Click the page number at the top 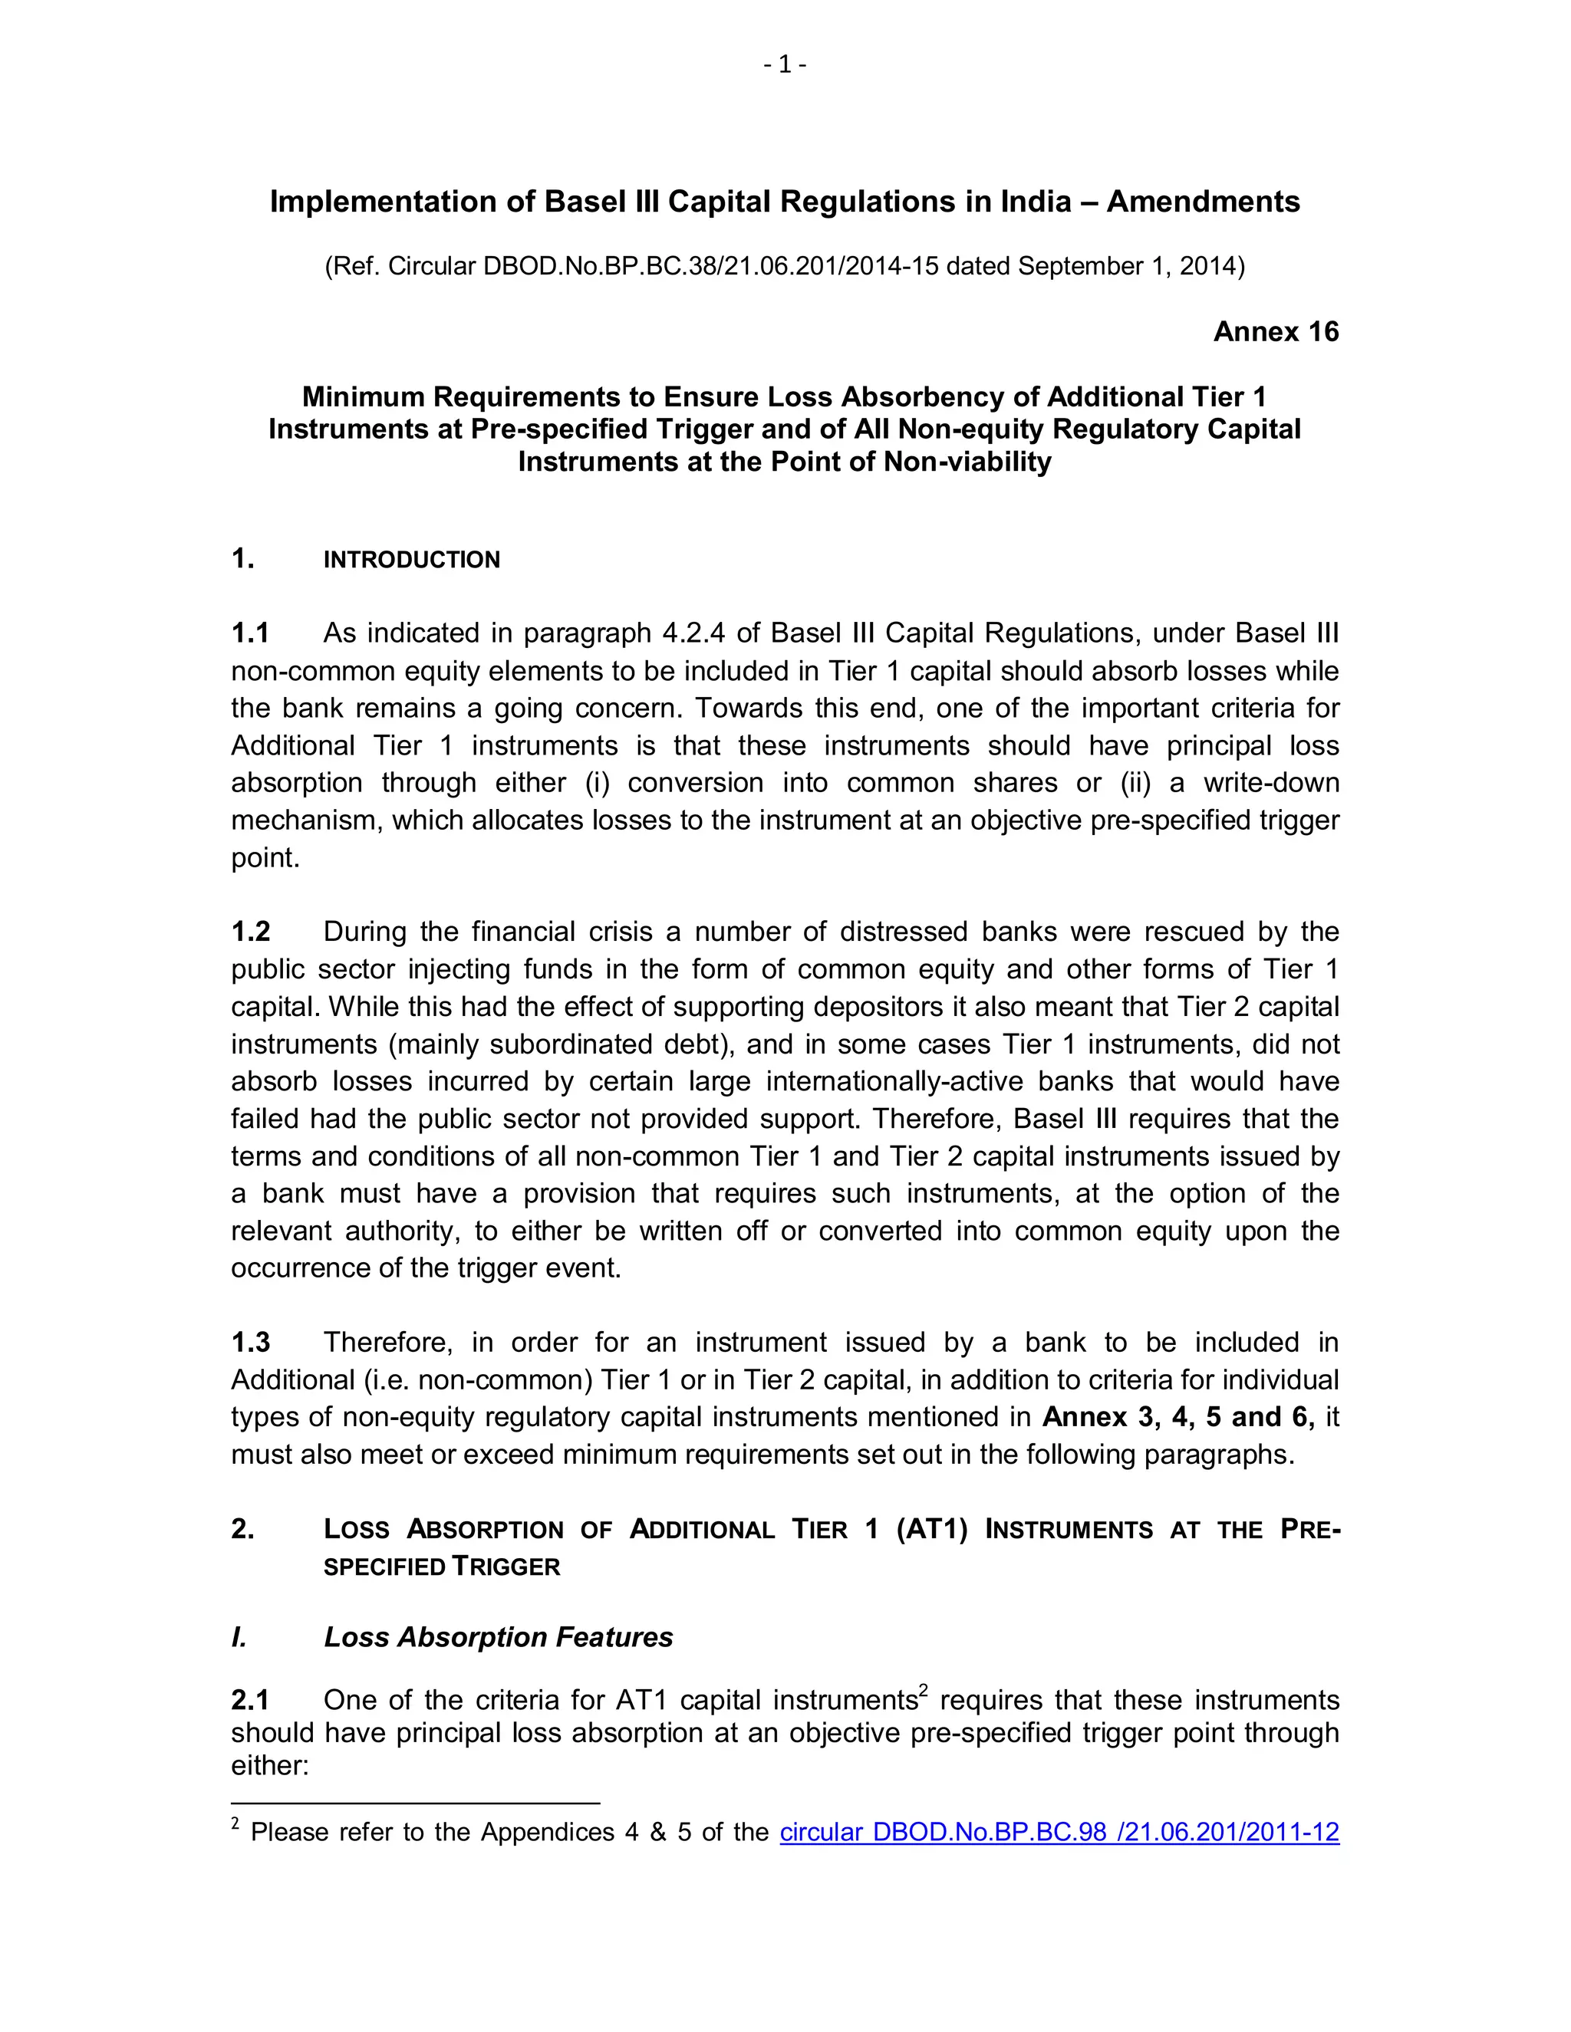coord(785,64)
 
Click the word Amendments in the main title coord(1203,202)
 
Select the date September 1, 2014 coord(1127,266)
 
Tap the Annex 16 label coord(1275,332)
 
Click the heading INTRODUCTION coord(411,560)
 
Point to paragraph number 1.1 coord(250,633)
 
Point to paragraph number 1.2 coord(250,932)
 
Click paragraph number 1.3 coord(250,1343)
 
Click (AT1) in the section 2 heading coord(931,1530)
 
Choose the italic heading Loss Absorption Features coord(498,1638)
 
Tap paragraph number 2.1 coord(250,1701)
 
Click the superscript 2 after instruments coord(924,1692)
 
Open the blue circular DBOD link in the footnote coord(1059,1832)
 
